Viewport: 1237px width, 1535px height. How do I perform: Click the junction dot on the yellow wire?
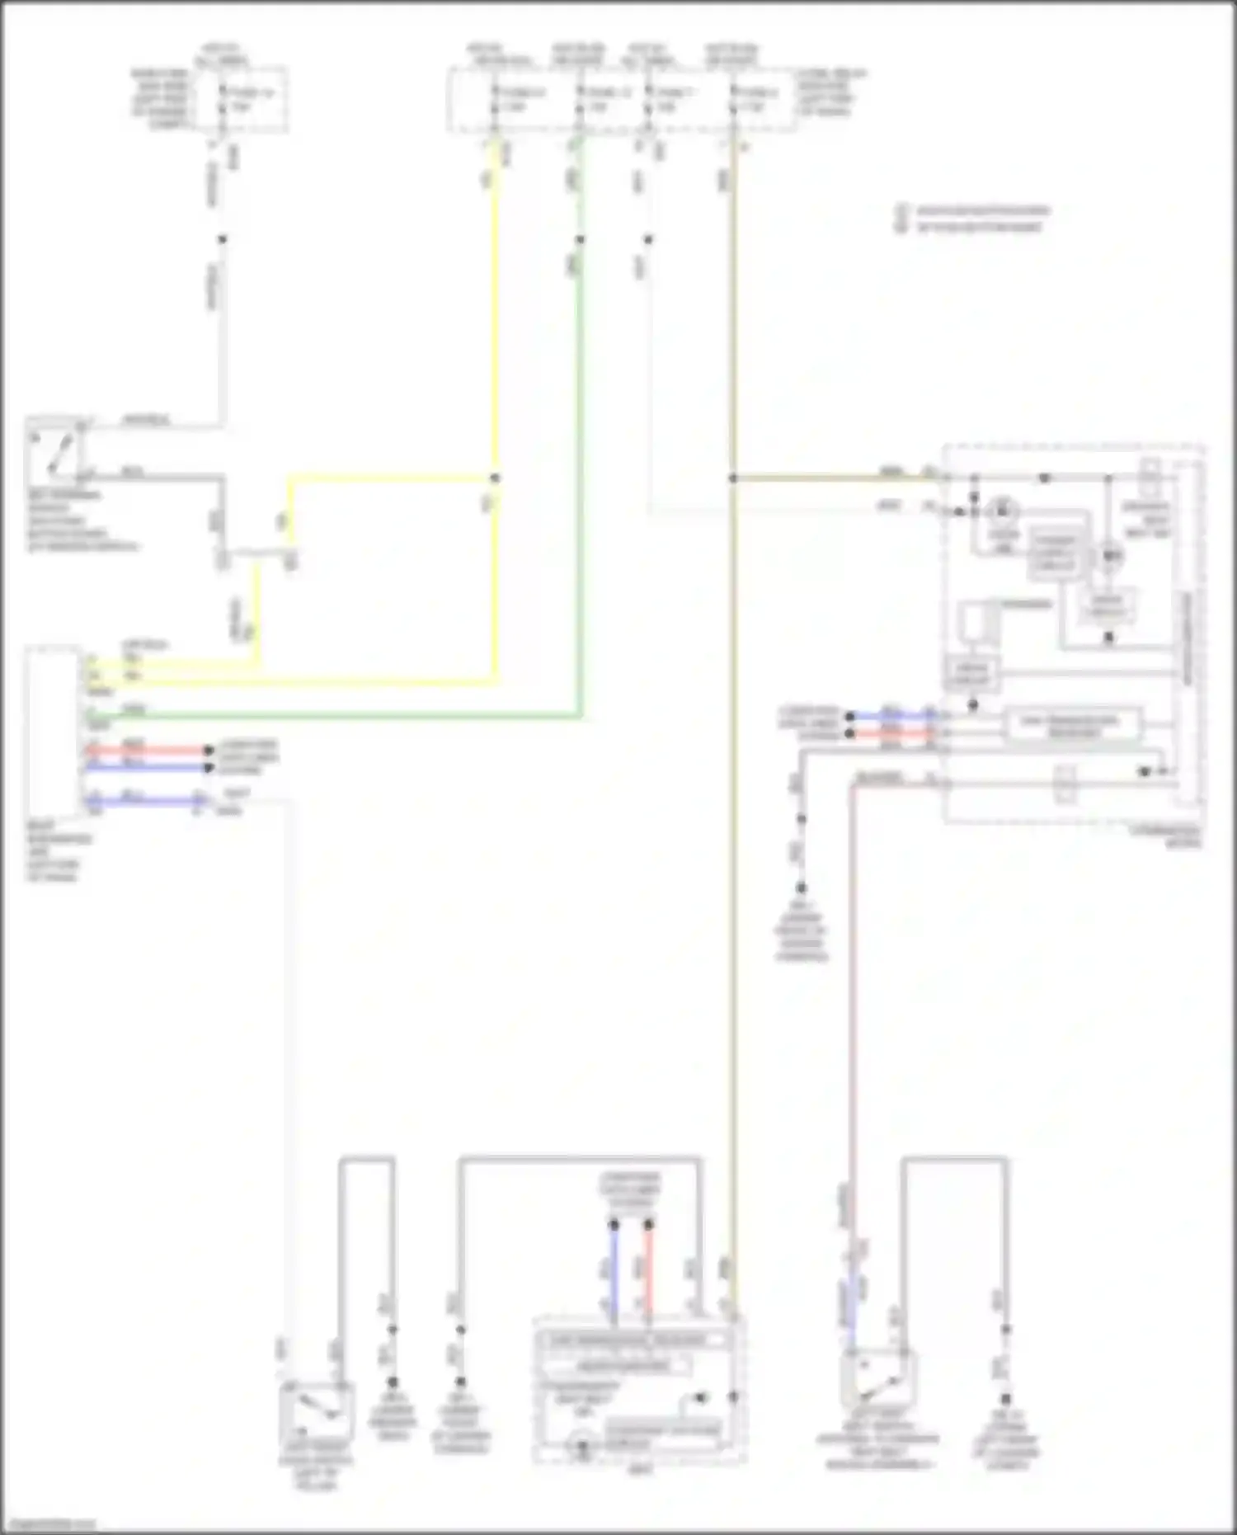495,478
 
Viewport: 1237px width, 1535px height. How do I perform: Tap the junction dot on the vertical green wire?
580,240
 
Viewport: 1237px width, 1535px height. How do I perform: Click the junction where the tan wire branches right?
732,478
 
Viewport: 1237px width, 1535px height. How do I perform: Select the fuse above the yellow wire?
495,100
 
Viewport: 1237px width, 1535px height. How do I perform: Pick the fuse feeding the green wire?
580,100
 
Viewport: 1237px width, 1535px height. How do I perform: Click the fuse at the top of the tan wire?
732,100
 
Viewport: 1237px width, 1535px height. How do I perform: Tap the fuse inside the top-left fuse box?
222,100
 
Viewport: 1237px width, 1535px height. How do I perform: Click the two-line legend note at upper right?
973,219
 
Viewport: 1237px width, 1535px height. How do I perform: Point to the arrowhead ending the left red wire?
208,751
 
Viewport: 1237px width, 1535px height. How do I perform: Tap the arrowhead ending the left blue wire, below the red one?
208,768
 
